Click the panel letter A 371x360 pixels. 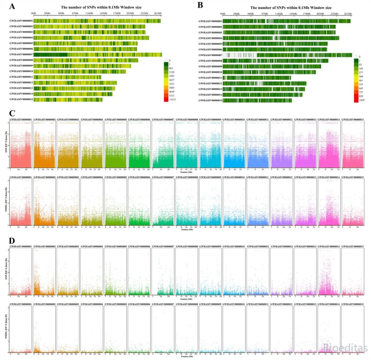pos(12,6)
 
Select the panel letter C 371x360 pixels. pos(12,113)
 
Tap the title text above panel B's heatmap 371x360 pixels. pos(291,8)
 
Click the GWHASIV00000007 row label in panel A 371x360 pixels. pos(21,55)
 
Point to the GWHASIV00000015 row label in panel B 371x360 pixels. pos(210,100)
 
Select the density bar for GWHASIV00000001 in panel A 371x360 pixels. pos(97,21)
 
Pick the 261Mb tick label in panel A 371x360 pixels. pos(157,13)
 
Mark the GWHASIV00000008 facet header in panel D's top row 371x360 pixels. pos(187,246)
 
